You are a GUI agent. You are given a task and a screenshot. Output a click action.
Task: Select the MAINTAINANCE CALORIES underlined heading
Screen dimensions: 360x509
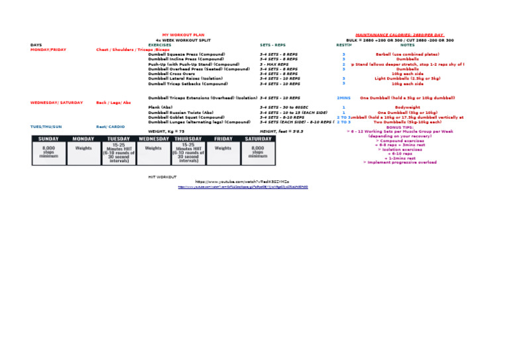399,34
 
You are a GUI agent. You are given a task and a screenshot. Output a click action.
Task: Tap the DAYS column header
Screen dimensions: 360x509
36,45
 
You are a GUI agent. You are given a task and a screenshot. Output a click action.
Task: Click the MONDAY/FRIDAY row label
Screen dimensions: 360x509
48,50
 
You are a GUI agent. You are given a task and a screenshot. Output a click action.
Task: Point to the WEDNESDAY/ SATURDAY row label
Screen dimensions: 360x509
57,103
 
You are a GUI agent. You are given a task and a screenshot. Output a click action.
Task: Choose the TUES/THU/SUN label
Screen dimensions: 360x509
46,127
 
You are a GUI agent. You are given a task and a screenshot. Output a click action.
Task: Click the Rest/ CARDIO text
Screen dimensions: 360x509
111,127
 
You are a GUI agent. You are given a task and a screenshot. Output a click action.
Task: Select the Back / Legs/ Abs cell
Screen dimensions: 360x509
114,103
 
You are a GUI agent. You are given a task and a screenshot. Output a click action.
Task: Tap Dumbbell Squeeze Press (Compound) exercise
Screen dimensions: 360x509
186,54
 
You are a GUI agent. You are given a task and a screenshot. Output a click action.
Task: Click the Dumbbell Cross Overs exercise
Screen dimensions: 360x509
172,74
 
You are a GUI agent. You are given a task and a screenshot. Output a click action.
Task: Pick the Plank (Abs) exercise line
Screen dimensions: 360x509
160,107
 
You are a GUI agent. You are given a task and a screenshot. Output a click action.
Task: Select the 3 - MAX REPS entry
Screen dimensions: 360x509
274,64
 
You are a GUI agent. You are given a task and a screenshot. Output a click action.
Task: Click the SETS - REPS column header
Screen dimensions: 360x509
273,45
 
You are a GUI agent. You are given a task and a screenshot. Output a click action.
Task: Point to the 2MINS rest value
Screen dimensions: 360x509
343,98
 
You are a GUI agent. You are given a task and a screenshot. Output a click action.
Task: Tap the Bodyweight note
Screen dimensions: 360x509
407,107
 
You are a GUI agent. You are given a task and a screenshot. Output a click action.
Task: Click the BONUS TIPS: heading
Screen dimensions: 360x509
400,127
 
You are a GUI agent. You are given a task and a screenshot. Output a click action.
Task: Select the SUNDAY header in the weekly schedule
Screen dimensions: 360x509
48,139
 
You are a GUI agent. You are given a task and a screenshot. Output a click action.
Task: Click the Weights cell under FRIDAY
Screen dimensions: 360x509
223,149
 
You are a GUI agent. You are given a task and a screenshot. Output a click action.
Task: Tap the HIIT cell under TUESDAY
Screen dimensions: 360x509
119,153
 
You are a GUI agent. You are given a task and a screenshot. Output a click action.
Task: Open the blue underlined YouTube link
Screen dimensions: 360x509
243,187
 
